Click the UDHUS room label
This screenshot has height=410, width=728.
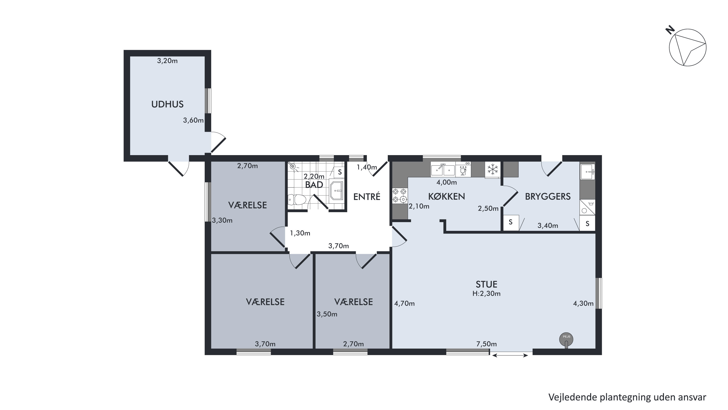click(167, 104)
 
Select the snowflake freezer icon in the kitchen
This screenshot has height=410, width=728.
click(493, 169)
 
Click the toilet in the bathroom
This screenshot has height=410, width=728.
click(297, 200)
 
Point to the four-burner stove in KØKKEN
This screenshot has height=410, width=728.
click(400, 196)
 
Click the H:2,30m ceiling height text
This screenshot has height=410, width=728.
click(486, 293)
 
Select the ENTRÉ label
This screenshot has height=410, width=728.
click(367, 197)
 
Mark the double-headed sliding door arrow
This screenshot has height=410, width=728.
click(510, 355)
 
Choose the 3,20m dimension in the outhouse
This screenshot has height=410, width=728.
click(167, 61)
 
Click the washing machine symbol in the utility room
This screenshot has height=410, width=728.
click(587, 208)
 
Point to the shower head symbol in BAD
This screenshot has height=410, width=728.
click(293, 167)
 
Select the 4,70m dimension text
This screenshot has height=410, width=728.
click(405, 304)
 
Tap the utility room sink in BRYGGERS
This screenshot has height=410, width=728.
click(588, 172)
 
